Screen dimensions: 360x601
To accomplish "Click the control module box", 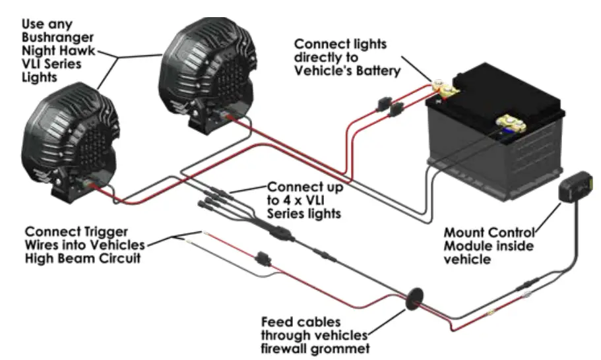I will (575, 189).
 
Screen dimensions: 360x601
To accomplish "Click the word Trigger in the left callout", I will (98, 231).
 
